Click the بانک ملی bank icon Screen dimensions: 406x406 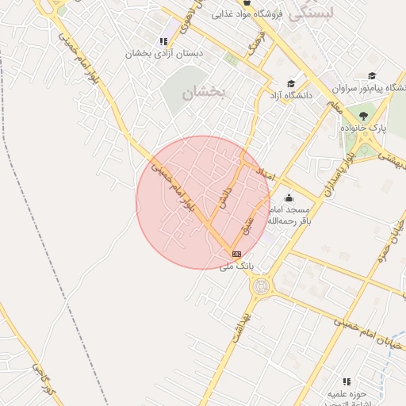coord(236,254)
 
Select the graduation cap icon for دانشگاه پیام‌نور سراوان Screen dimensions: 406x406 coord(371,76)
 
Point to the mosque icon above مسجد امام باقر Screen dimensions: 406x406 coord(288,197)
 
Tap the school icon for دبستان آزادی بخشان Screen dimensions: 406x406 coord(163,41)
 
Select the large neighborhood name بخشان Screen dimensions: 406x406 coord(204,93)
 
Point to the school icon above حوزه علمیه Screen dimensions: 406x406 coord(346,381)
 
